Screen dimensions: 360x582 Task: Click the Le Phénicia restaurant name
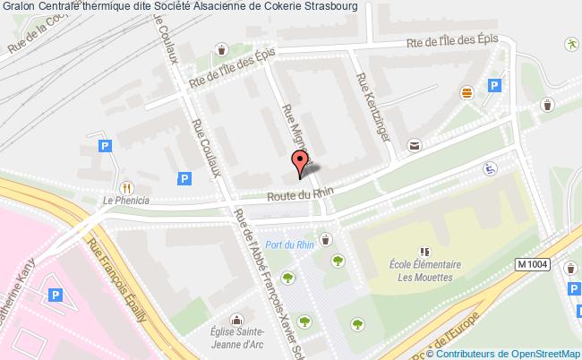tap(125, 201)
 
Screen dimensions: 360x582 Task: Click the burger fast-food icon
tap(466, 92)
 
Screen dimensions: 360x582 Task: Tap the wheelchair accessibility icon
tap(490, 167)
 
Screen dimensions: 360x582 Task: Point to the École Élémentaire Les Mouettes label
tap(425, 270)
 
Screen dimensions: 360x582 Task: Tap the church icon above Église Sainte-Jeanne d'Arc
tap(236, 320)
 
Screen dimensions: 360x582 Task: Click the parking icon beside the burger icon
tap(493, 86)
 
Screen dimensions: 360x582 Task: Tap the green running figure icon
tap(569, 43)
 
